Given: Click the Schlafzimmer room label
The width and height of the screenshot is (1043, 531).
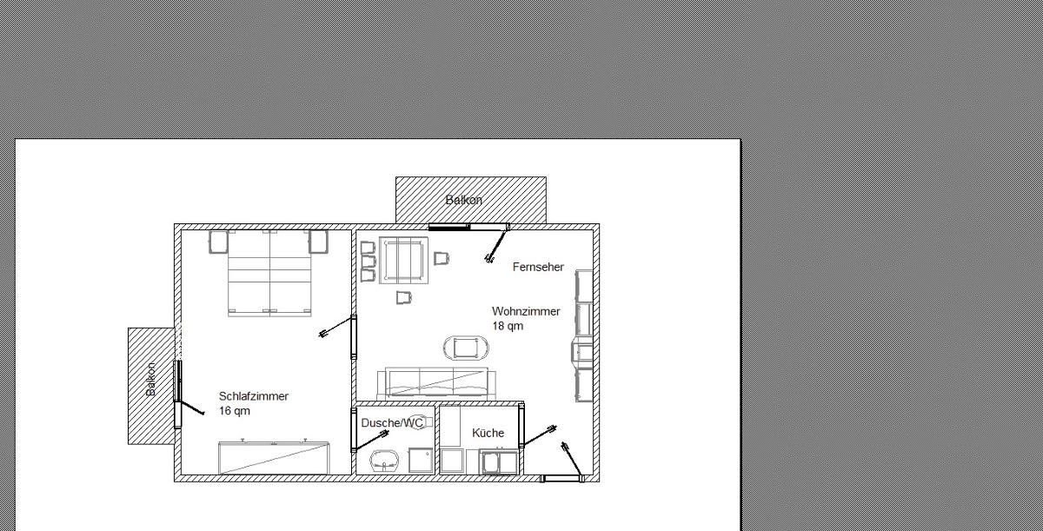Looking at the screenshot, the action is [254, 396].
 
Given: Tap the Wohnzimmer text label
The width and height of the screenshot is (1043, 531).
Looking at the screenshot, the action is [526, 311].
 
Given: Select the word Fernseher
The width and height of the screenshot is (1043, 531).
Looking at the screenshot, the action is [538, 267].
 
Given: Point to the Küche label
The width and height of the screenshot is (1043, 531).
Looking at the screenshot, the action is [488, 433].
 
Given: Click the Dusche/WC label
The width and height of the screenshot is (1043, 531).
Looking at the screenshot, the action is [392, 423].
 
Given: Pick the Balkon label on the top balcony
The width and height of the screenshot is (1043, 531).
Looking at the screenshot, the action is [464, 200].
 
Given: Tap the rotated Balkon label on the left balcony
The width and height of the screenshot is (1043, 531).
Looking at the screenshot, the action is [151, 379].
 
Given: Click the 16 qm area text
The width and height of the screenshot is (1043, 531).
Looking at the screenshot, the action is [235, 411].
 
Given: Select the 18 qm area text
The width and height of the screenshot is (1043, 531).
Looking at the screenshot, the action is [508, 326].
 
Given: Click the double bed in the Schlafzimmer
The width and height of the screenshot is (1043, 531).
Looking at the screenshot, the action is [269, 273].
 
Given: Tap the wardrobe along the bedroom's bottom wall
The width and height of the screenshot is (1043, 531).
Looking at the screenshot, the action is [274, 458].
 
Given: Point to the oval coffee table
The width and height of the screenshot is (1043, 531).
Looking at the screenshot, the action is [466, 348].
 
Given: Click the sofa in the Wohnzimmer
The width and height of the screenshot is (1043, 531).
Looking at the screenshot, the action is [436, 383].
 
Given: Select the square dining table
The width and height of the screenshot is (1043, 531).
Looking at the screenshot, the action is [403, 260].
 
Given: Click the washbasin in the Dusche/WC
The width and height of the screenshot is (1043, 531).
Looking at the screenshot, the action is [385, 461].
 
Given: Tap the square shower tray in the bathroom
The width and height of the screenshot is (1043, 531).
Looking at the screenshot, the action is [421, 461].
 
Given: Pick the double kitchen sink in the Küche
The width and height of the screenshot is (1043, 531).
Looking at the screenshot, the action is [499, 462].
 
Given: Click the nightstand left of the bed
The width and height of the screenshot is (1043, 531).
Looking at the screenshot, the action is [218, 242].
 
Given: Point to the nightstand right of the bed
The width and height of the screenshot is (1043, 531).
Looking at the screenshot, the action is [318, 242].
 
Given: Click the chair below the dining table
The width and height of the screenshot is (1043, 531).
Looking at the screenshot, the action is [404, 297].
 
